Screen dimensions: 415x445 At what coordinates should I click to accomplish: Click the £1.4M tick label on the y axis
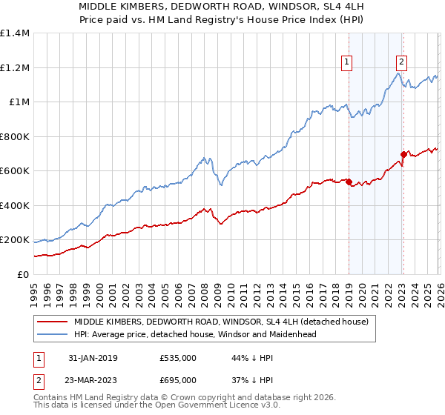tap(15, 33)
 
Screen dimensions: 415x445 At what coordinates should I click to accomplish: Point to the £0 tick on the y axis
tap(23, 275)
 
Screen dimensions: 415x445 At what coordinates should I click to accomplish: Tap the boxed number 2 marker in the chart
tap(401, 63)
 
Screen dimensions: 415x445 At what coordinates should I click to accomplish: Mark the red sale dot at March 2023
tap(403, 154)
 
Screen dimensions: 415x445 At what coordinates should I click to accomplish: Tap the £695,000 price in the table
tap(178, 379)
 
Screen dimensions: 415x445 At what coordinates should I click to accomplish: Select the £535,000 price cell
tap(178, 358)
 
